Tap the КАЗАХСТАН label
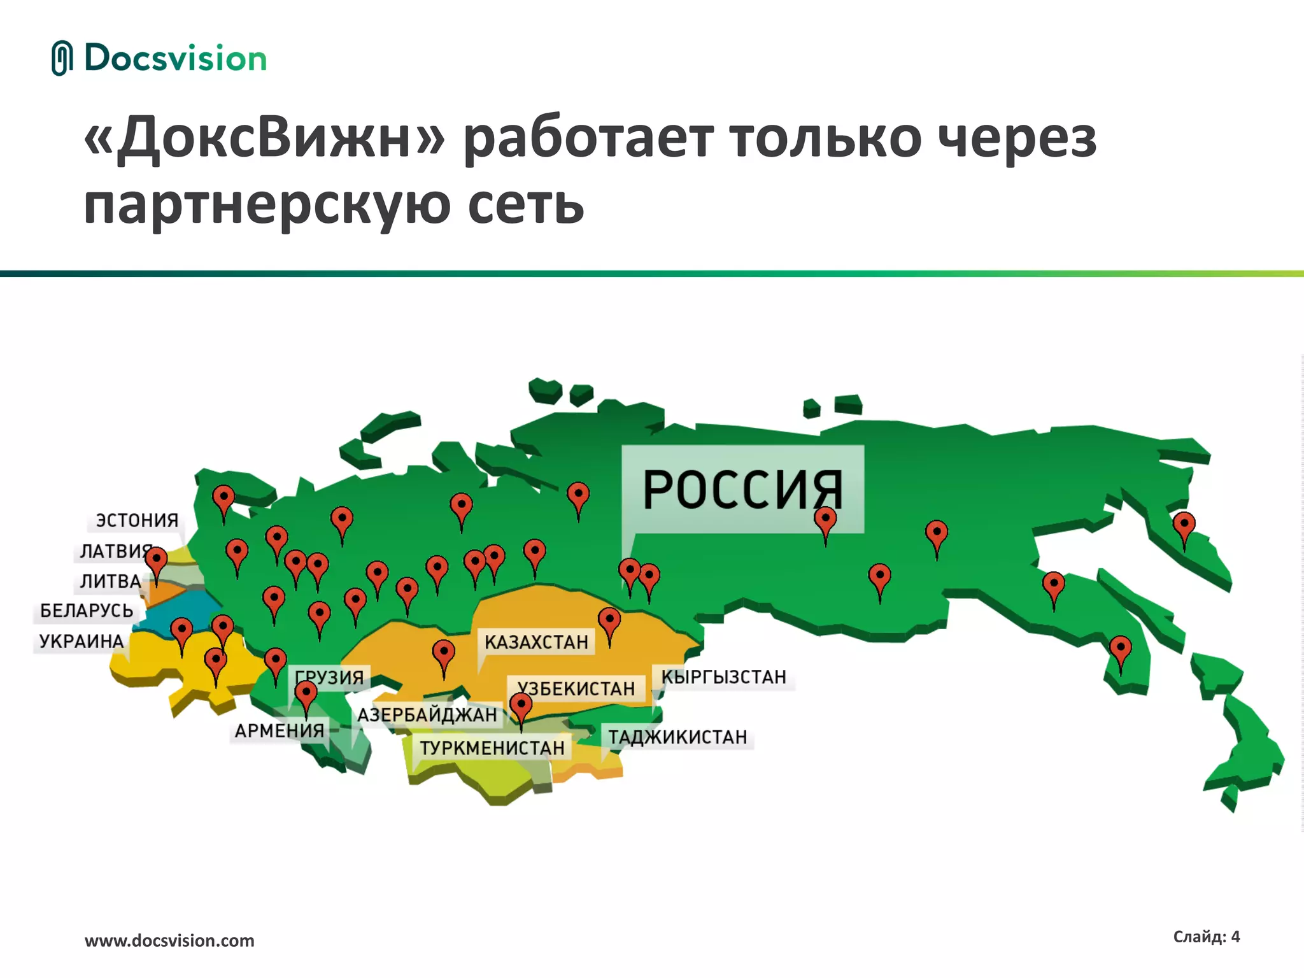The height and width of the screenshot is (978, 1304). pyautogui.click(x=536, y=642)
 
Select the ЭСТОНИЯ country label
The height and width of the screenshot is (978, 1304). pyautogui.click(x=137, y=520)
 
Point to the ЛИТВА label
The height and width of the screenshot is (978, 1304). pyautogui.click(x=110, y=581)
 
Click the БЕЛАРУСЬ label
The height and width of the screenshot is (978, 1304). pyautogui.click(x=87, y=611)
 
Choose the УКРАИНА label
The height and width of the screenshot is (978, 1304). pyautogui.click(x=81, y=641)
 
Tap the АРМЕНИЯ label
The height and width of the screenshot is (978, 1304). pyautogui.click(x=280, y=730)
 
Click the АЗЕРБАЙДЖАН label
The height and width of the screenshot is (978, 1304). pyautogui.click(x=427, y=715)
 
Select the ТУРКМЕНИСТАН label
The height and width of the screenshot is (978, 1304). pyautogui.click(x=492, y=748)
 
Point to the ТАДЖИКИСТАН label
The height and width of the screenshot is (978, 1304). pyautogui.click(x=677, y=737)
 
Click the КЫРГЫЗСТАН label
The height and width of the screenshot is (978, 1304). pyautogui.click(x=723, y=677)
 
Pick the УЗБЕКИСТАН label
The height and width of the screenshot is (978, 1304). pyautogui.click(x=576, y=688)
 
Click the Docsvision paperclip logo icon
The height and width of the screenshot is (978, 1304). pyautogui.click(x=62, y=59)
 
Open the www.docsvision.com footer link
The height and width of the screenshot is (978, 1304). pyautogui.click(x=169, y=940)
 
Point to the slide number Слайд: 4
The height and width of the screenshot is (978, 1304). pyautogui.click(x=1206, y=936)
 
